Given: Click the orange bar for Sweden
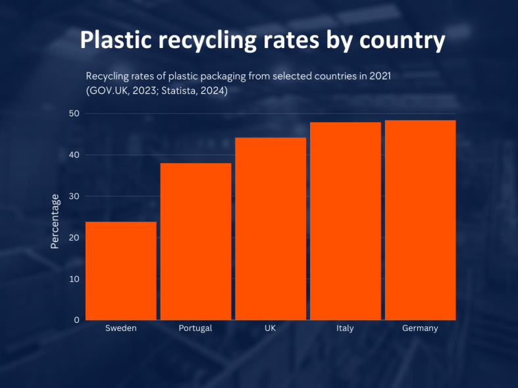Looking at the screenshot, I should tap(121, 270).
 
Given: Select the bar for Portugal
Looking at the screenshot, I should tap(195, 241).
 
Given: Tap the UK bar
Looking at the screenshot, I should tap(271, 228).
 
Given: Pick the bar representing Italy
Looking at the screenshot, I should tap(346, 220).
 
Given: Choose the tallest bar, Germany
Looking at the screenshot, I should tap(420, 220).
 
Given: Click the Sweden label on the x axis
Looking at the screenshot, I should tap(121, 328).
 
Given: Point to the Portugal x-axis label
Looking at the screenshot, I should tap(195, 328).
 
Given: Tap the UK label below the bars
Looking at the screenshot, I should tap(271, 328).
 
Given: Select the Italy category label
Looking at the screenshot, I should tap(346, 328).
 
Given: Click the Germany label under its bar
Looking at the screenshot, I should tap(420, 328).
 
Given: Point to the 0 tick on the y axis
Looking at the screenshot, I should tap(76, 320).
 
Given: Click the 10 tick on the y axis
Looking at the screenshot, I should tap(74, 279).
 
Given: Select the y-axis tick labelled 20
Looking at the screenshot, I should tap(74, 237).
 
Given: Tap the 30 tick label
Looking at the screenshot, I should tap(74, 196).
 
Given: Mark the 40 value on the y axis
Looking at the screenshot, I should tap(74, 155).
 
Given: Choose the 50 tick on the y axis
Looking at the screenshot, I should tap(74, 114).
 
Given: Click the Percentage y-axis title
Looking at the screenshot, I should tap(55, 221).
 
